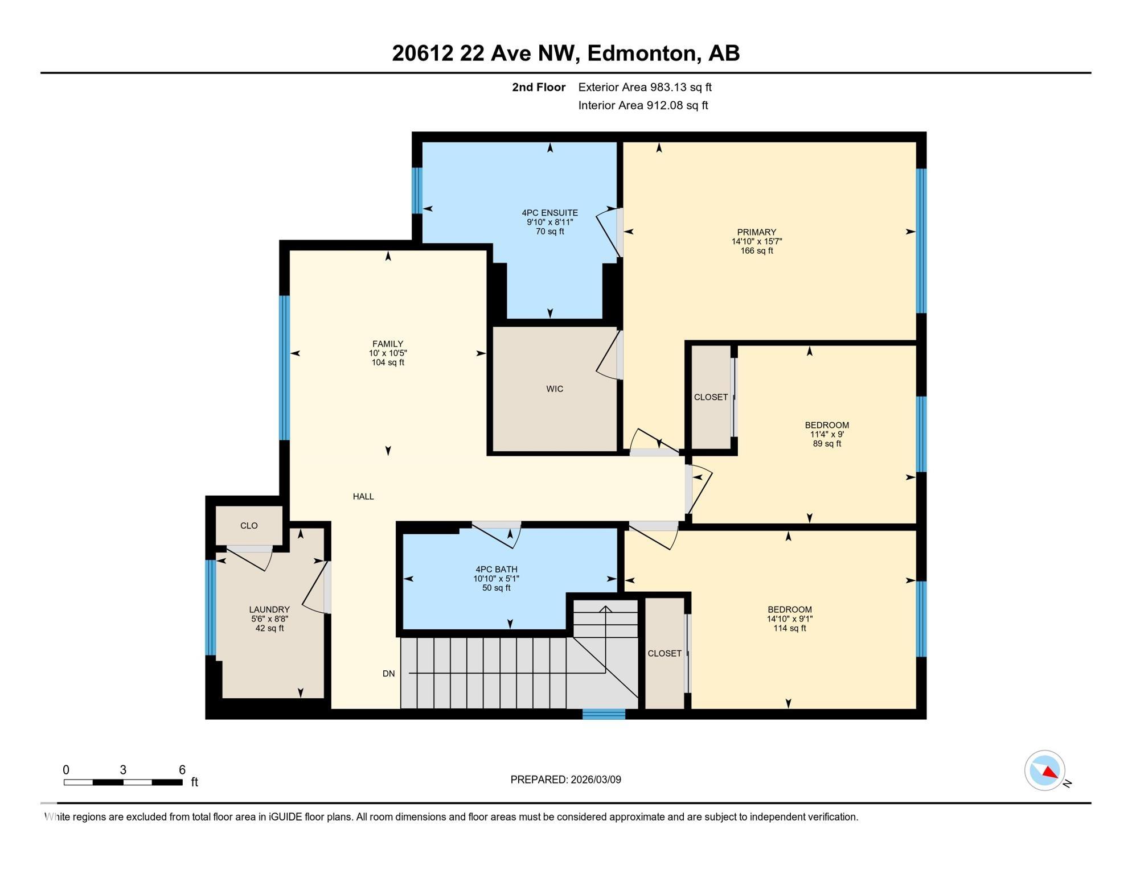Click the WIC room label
point(554,389)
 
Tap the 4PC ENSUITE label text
point(549,213)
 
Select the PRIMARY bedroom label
point(756,232)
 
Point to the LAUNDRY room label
point(269,609)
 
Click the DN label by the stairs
point(388,674)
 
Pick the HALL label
point(363,497)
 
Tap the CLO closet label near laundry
point(249,526)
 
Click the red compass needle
point(1049,772)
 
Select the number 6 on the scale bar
point(182,770)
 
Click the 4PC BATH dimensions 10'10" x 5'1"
point(496,579)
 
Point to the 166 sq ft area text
point(756,251)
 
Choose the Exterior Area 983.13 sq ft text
point(645,87)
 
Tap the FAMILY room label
point(388,344)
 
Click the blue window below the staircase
point(604,714)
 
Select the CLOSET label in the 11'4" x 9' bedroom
point(711,397)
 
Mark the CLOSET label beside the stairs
point(665,654)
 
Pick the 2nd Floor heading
point(538,87)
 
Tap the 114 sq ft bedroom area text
point(789,628)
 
